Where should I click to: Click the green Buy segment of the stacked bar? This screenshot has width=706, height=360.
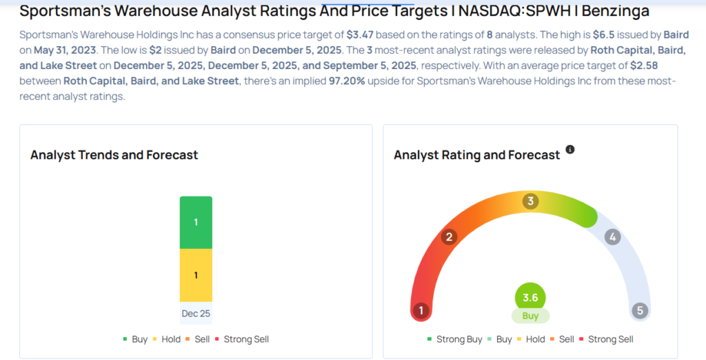[x=196, y=223]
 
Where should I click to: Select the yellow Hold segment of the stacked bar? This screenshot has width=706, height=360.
[x=196, y=275]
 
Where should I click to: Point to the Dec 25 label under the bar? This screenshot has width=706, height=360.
[x=196, y=313]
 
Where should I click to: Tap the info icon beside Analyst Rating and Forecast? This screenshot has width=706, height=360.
[x=570, y=150]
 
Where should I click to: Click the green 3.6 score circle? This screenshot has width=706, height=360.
[x=530, y=298]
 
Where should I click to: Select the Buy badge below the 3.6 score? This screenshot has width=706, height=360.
[x=530, y=316]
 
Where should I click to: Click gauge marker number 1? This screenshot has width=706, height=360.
[x=421, y=310]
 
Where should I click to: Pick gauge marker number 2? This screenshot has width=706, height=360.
[x=450, y=237]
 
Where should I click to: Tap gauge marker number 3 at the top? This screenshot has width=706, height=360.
[x=530, y=201]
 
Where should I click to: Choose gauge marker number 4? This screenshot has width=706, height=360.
[x=612, y=237]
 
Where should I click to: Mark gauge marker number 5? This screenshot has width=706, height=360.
[x=640, y=310]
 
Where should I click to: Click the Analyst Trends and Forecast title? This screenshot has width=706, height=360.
[x=114, y=155]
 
